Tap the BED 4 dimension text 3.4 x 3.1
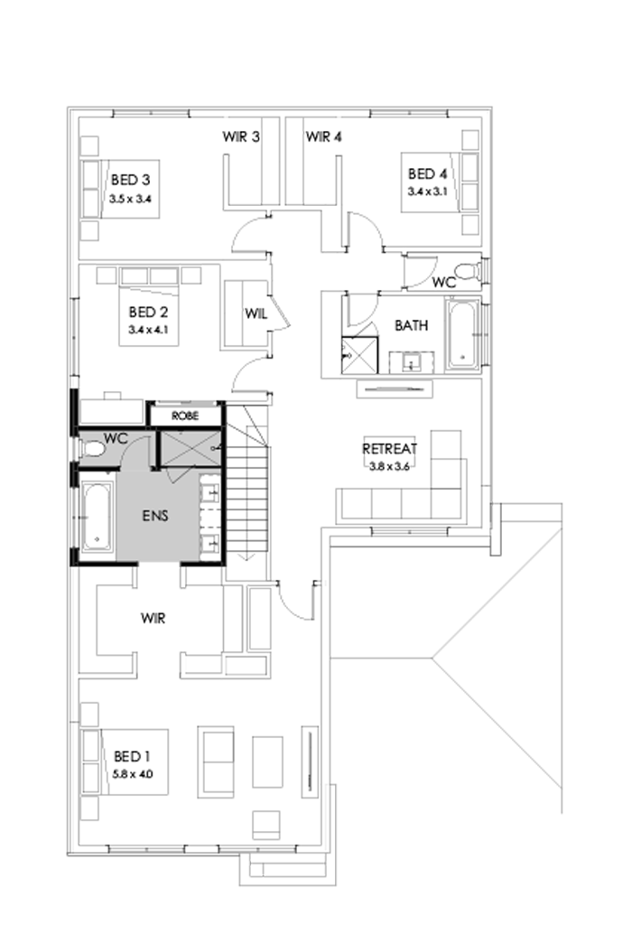click(x=427, y=191)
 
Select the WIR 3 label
click(x=242, y=137)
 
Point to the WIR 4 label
click(x=323, y=137)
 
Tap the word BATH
click(x=412, y=325)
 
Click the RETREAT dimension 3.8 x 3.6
click(x=389, y=467)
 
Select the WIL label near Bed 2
click(x=253, y=314)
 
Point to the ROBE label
click(x=185, y=416)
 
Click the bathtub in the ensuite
click(x=97, y=517)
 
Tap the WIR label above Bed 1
click(x=152, y=621)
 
